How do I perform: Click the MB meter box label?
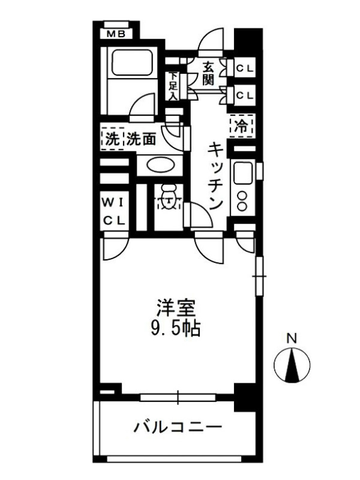[x=116, y=34]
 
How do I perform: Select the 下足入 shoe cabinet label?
[x=173, y=86]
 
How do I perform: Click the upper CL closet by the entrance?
[x=245, y=68]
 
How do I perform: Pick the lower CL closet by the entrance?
[x=245, y=96]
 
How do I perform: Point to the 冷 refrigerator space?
[x=242, y=126]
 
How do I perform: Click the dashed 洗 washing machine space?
[x=113, y=139]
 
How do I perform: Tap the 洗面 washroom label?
[x=142, y=139]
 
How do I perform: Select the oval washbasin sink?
[x=160, y=166]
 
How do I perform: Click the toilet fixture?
[x=168, y=197]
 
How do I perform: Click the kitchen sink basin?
[x=243, y=172]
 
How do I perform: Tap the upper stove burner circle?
[x=242, y=196]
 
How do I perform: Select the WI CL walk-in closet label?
[x=114, y=212]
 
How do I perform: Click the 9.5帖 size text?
[x=175, y=329]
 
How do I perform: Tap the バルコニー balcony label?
[x=178, y=427]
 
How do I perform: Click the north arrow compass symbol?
[x=292, y=365]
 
